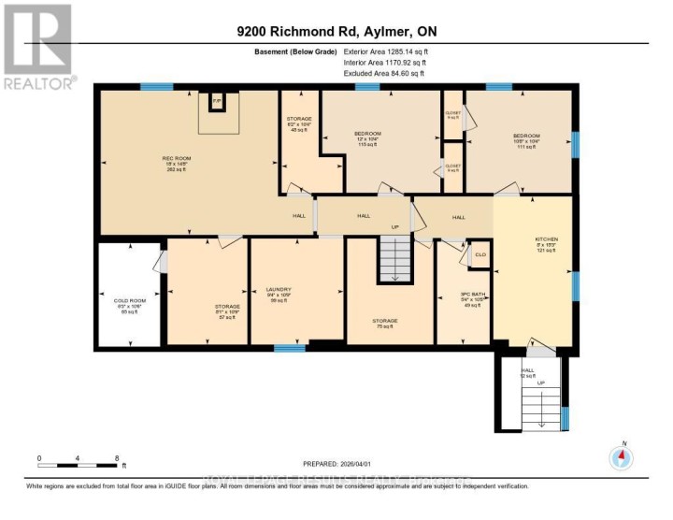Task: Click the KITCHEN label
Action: point(547,239)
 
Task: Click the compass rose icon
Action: point(622,457)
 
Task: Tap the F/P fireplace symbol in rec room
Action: point(216,101)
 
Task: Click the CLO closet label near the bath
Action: point(481,254)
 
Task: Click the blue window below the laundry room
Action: point(290,348)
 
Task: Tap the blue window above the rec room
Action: point(156,87)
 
